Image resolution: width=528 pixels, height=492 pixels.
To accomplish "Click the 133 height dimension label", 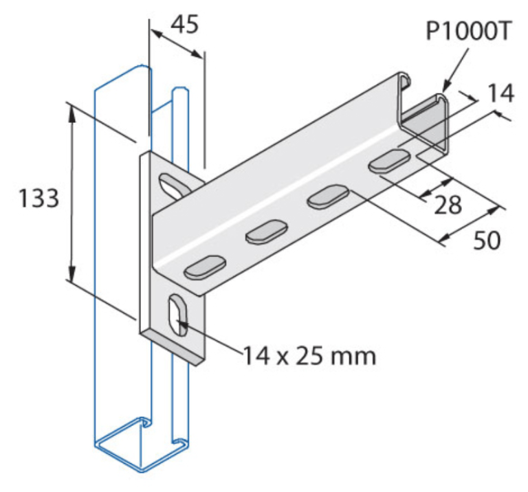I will click(x=38, y=199).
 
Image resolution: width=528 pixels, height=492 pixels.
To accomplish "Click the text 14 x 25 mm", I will click(x=308, y=355).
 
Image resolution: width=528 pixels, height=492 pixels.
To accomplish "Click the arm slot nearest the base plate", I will click(x=205, y=267).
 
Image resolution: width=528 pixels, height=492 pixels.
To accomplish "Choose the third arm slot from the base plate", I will click(x=327, y=197).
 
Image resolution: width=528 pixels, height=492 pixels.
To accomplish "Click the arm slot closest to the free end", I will click(x=389, y=161).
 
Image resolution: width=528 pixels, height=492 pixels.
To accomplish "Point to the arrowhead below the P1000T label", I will click(x=445, y=87).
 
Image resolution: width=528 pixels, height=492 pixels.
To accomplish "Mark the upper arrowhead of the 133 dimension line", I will click(x=70, y=107).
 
